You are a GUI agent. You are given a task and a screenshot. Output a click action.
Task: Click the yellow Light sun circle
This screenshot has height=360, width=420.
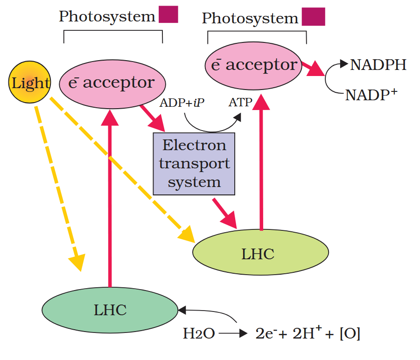[29, 83]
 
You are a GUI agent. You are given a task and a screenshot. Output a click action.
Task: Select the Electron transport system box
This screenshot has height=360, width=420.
[194, 164]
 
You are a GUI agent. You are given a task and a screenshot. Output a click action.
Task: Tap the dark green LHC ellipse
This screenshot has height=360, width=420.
[110, 310]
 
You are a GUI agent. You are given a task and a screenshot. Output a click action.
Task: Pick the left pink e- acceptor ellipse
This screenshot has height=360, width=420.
[113, 83]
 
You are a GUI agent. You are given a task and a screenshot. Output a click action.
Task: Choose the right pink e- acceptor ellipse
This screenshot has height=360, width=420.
[253, 65]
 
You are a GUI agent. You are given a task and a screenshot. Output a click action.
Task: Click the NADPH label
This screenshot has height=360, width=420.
[378, 65]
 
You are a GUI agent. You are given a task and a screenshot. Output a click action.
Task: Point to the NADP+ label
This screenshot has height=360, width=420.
[371, 95]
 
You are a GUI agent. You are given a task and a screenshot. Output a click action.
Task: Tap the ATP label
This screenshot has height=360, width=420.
[241, 102]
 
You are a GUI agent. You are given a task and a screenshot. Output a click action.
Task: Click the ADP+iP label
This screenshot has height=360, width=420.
[182, 102]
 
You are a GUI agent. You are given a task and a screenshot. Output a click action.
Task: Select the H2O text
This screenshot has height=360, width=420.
[199, 334]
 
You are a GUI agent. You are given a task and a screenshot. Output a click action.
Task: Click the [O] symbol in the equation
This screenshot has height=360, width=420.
[350, 334]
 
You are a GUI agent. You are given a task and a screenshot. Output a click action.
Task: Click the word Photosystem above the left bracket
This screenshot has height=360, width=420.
[107, 17]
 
